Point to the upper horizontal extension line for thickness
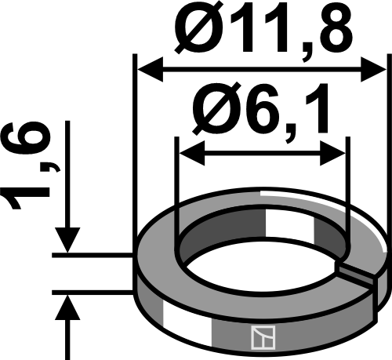[x=94, y=255]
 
